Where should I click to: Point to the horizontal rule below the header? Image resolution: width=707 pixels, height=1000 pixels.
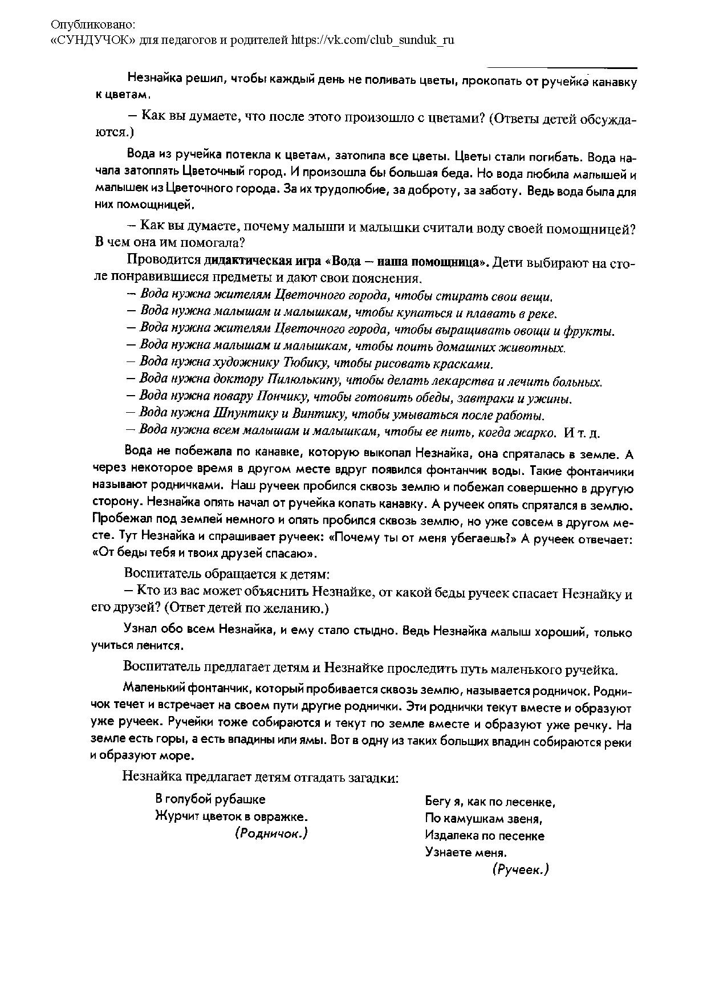(562, 68)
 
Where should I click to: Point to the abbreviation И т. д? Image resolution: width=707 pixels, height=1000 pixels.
(582, 433)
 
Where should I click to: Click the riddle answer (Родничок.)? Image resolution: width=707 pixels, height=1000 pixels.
(271, 833)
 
